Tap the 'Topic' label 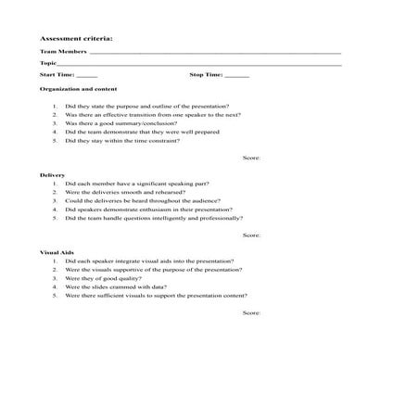(x=49, y=63)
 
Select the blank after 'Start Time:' (x=87, y=74)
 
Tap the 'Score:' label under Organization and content (x=251, y=158)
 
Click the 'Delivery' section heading (x=53, y=174)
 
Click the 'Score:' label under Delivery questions (x=251, y=235)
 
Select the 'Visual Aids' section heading (x=57, y=252)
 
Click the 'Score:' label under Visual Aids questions (x=251, y=313)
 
